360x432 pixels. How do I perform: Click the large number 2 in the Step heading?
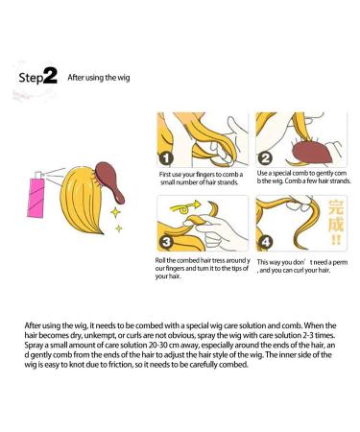tap(50, 76)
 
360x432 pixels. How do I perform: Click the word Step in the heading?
tap(31, 78)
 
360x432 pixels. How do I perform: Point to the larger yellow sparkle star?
tap(115, 212)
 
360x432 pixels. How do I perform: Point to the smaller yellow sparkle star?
tap(119, 228)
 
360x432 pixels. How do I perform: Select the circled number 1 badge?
tap(166, 157)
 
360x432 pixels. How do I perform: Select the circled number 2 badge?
tap(265, 158)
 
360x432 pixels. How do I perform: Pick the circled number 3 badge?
tap(166, 242)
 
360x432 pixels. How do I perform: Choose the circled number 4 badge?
tap(266, 242)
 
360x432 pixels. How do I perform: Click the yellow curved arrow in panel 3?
tap(185, 207)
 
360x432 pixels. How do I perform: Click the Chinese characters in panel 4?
tap(336, 222)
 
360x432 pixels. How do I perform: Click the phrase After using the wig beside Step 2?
tap(99, 78)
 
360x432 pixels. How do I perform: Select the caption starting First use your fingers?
tap(201, 179)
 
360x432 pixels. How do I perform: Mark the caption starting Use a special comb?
tap(303, 177)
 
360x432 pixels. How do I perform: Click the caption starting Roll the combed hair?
tap(203, 268)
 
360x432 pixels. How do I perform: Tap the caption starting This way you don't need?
tap(302, 266)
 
